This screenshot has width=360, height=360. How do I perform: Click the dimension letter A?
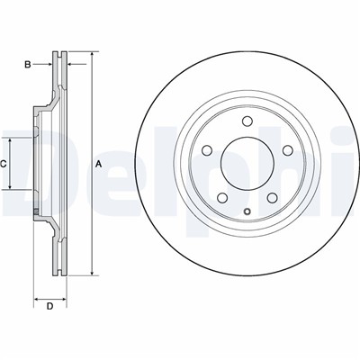(99, 164)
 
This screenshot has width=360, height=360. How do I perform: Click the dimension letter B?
(28, 65)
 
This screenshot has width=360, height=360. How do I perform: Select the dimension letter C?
(3, 164)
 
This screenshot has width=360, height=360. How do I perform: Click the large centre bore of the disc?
(247, 163)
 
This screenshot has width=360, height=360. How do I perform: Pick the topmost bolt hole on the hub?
(247, 121)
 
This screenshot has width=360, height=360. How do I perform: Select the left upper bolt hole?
(207, 150)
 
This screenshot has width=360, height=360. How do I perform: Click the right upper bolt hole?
(288, 150)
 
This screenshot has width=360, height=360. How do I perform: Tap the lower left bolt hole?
(222, 197)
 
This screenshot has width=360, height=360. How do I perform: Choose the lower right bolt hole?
(273, 197)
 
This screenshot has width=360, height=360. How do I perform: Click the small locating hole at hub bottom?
(247, 211)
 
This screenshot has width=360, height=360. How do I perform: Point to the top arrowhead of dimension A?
(92, 54)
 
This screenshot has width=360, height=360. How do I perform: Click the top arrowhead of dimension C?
(10, 141)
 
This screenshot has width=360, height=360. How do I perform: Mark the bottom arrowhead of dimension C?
(10, 186)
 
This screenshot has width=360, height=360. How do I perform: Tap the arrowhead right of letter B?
(49, 64)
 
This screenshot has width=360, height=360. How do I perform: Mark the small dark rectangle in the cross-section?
(36, 211)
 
